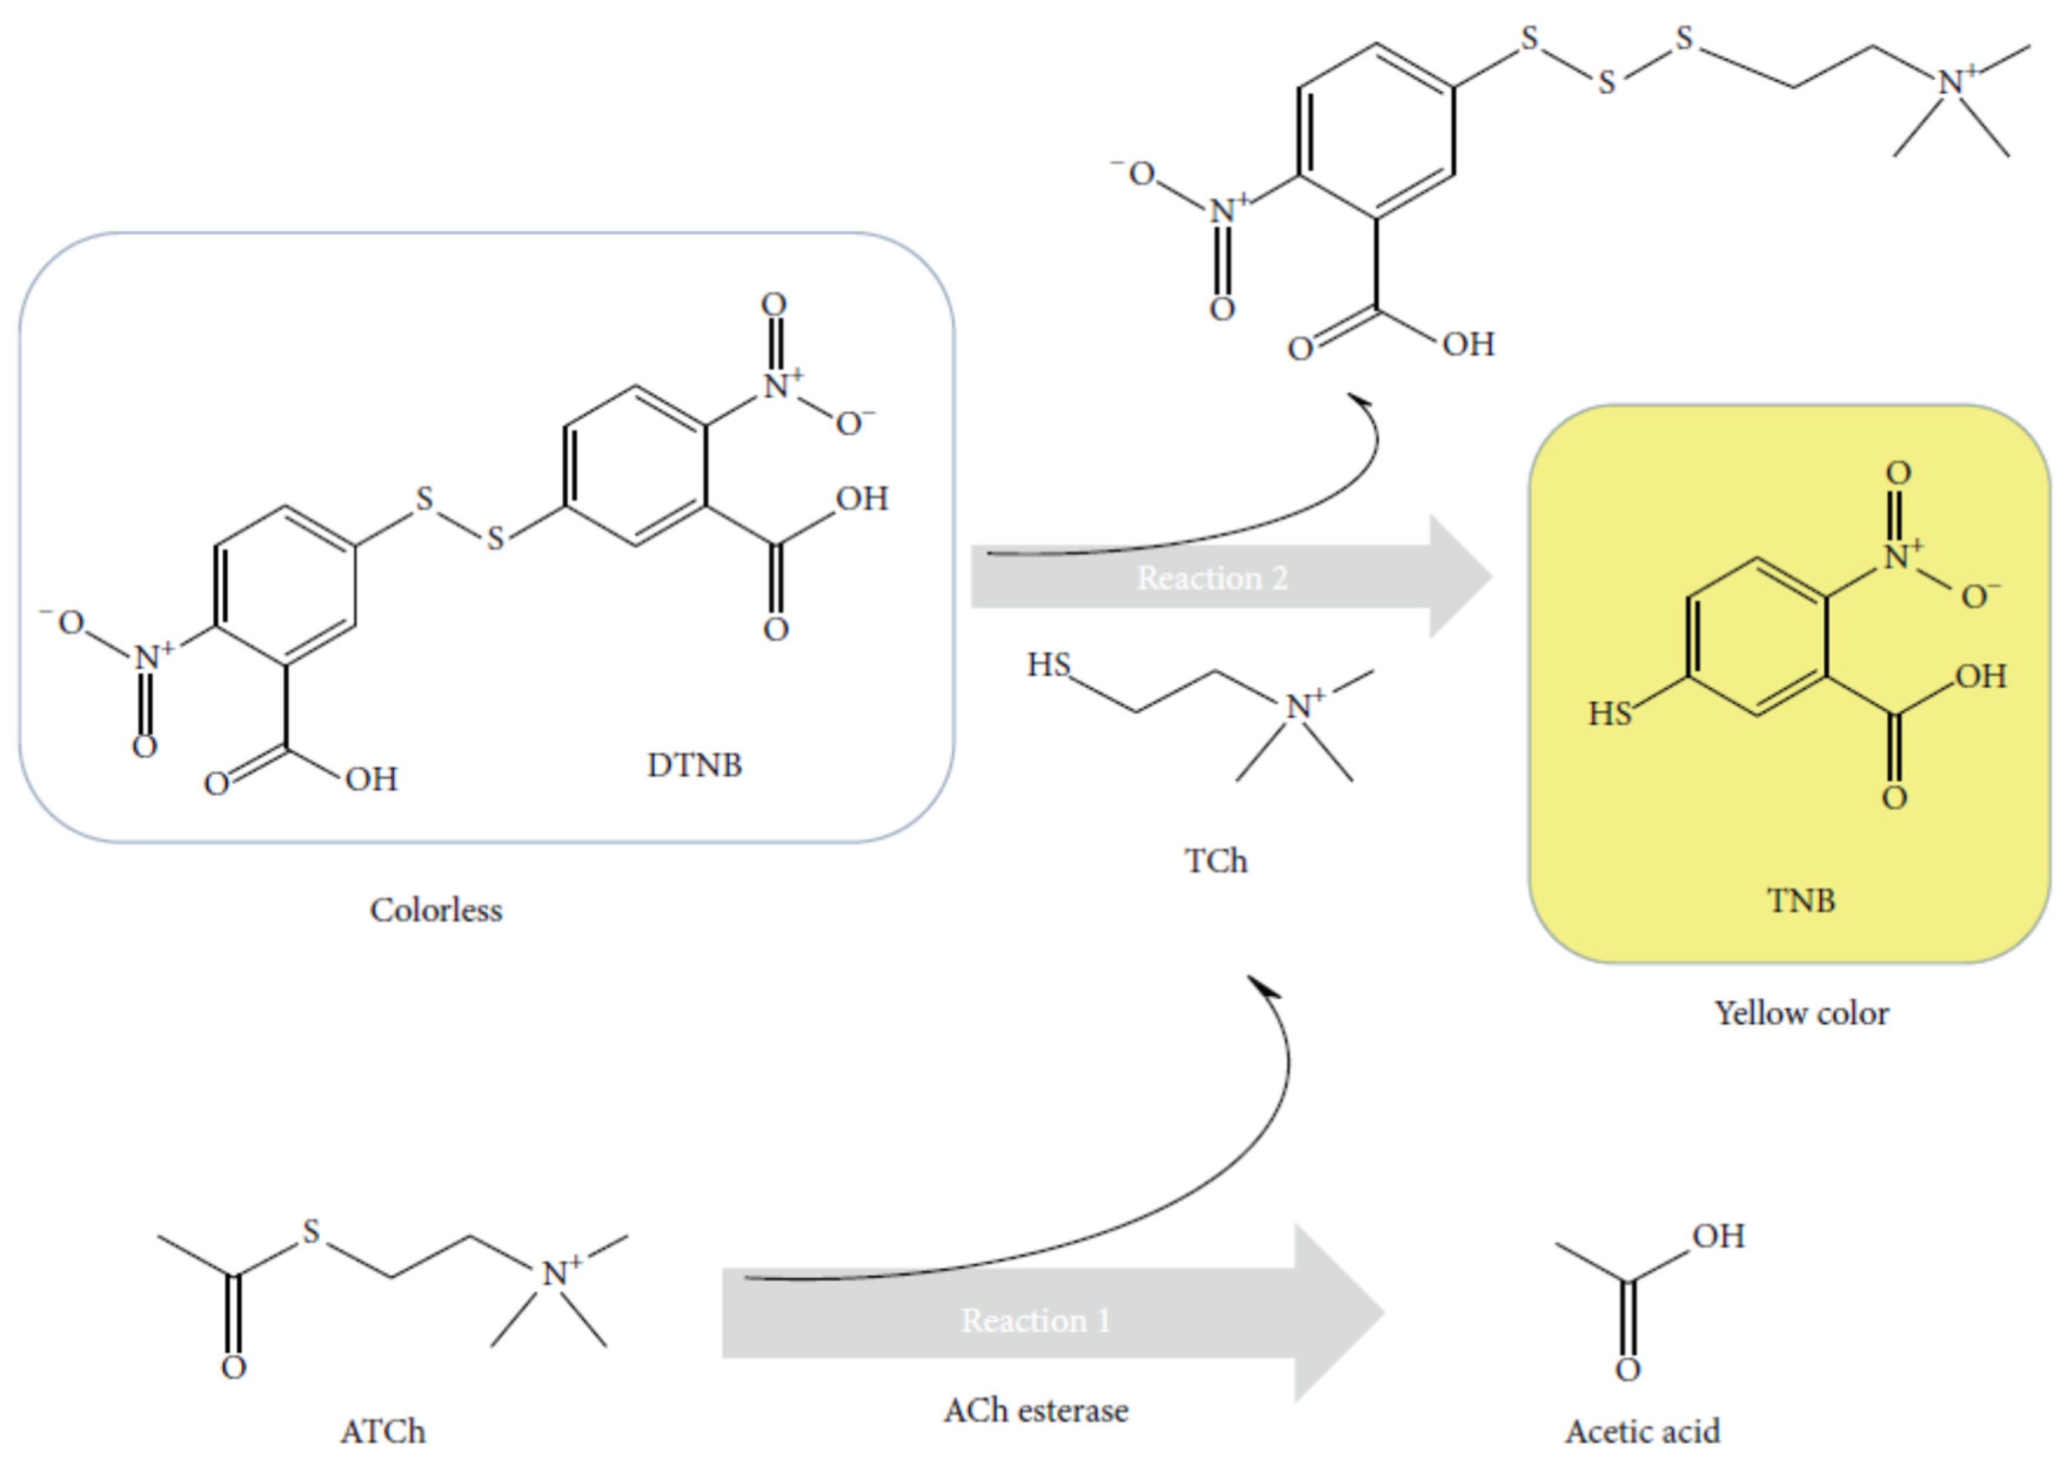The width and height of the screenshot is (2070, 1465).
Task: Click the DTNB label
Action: pyautogui.click(x=694, y=765)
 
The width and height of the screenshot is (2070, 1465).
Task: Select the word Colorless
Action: pyautogui.click(x=436, y=909)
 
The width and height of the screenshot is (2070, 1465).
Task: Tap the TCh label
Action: pyautogui.click(x=1215, y=861)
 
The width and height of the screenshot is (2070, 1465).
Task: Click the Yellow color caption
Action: pyautogui.click(x=1801, y=1013)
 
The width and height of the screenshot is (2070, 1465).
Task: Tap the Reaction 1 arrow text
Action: pyautogui.click(x=1035, y=1320)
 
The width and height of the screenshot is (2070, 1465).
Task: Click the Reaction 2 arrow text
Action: pyautogui.click(x=1212, y=578)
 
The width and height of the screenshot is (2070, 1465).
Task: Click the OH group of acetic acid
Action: pyautogui.click(x=1718, y=1236)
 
